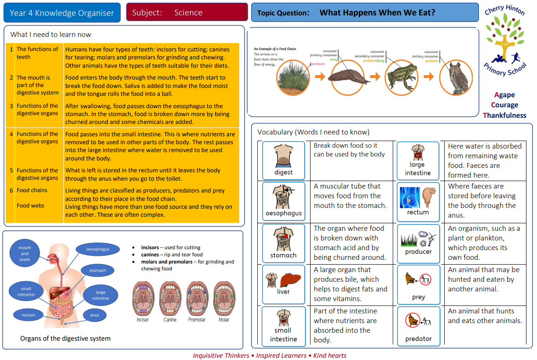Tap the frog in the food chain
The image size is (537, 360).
(401, 77)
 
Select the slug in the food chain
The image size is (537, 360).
(347, 78)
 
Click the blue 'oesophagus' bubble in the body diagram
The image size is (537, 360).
(98, 249)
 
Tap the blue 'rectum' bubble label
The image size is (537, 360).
(28, 315)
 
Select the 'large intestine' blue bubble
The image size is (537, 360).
(100, 295)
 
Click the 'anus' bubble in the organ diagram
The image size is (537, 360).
(95, 315)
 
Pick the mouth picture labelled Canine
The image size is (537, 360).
(170, 299)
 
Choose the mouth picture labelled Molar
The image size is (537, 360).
(224, 299)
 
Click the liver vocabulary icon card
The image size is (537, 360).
(284, 284)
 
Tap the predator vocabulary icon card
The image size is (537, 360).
(418, 325)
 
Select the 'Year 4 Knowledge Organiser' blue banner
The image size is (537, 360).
(62, 13)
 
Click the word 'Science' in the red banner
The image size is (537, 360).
(188, 13)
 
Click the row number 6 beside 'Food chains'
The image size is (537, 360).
(11, 190)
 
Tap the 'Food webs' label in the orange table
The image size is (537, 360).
(30, 205)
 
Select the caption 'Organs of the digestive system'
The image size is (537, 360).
(65, 338)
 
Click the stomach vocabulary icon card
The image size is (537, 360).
(284, 243)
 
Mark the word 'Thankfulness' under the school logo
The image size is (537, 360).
(504, 115)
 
